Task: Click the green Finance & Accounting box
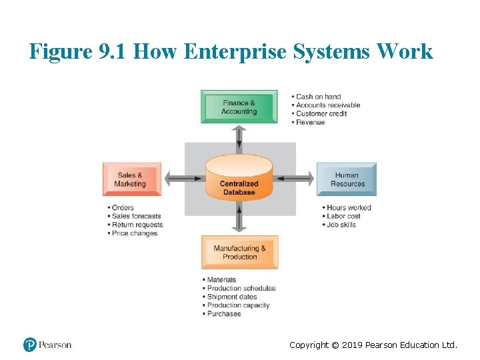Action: tap(239, 107)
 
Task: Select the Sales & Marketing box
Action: tap(131, 179)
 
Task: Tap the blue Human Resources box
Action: tap(347, 179)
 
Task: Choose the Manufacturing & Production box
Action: tap(239, 252)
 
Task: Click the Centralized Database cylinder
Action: tap(239, 179)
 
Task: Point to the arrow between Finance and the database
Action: tap(239, 138)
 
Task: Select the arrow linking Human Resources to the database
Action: tap(295, 178)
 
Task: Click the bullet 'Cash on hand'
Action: tap(318, 97)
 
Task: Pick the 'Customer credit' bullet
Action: tap(321, 114)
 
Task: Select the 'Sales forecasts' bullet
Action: tap(136, 216)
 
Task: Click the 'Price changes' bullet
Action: tap(134, 233)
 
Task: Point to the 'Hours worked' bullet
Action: tap(348, 207)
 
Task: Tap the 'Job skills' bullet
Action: tap(341, 225)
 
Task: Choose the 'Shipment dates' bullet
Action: tap(231, 297)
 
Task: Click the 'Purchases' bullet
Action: tap(223, 314)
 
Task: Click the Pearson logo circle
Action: tap(30, 345)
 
